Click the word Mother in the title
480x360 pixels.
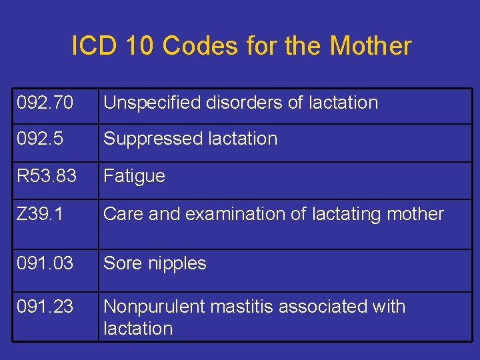click(x=371, y=46)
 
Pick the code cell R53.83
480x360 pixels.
click(x=47, y=176)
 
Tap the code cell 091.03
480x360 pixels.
click(x=45, y=263)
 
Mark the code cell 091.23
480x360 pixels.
click(x=45, y=307)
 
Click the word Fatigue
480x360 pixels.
click(x=134, y=176)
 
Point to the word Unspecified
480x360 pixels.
click(x=153, y=103)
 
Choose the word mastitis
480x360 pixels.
click(x=239, y=307)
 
